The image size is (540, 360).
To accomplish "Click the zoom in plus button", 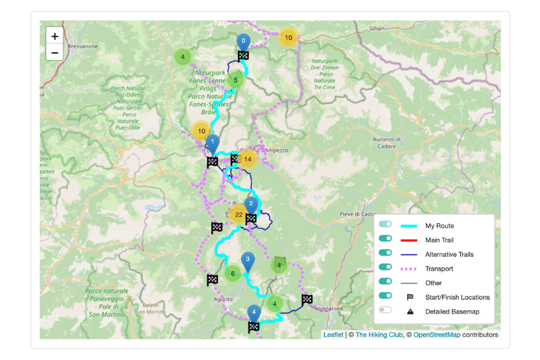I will coord(55,37).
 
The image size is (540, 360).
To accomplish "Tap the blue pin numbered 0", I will coord(243,42).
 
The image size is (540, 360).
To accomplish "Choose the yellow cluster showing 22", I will coord(239,215).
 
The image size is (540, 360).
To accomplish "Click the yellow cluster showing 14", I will coord(247,159).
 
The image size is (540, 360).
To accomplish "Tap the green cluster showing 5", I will coord(235,80).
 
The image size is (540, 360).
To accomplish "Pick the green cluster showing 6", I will coord(233,274).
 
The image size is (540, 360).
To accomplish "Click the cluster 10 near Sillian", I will coord(288,38).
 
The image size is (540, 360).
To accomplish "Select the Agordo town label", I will coord(222,298).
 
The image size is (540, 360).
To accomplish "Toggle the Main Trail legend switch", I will coord(385,238).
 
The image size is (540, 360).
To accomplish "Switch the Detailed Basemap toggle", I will coord(385,310).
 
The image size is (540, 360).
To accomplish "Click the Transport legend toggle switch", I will coord(385,267).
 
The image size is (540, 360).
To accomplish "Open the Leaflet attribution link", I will coord(333,335).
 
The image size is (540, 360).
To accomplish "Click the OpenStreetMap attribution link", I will coord(436,335).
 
